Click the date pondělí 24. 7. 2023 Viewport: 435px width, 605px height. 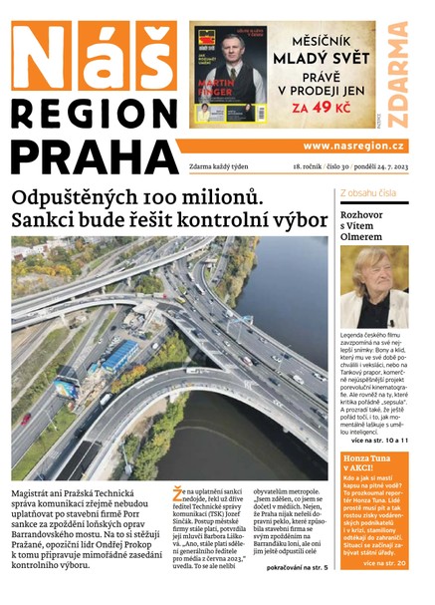376,166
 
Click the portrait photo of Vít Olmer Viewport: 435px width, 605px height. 373,288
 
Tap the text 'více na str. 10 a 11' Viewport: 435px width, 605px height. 381,437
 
